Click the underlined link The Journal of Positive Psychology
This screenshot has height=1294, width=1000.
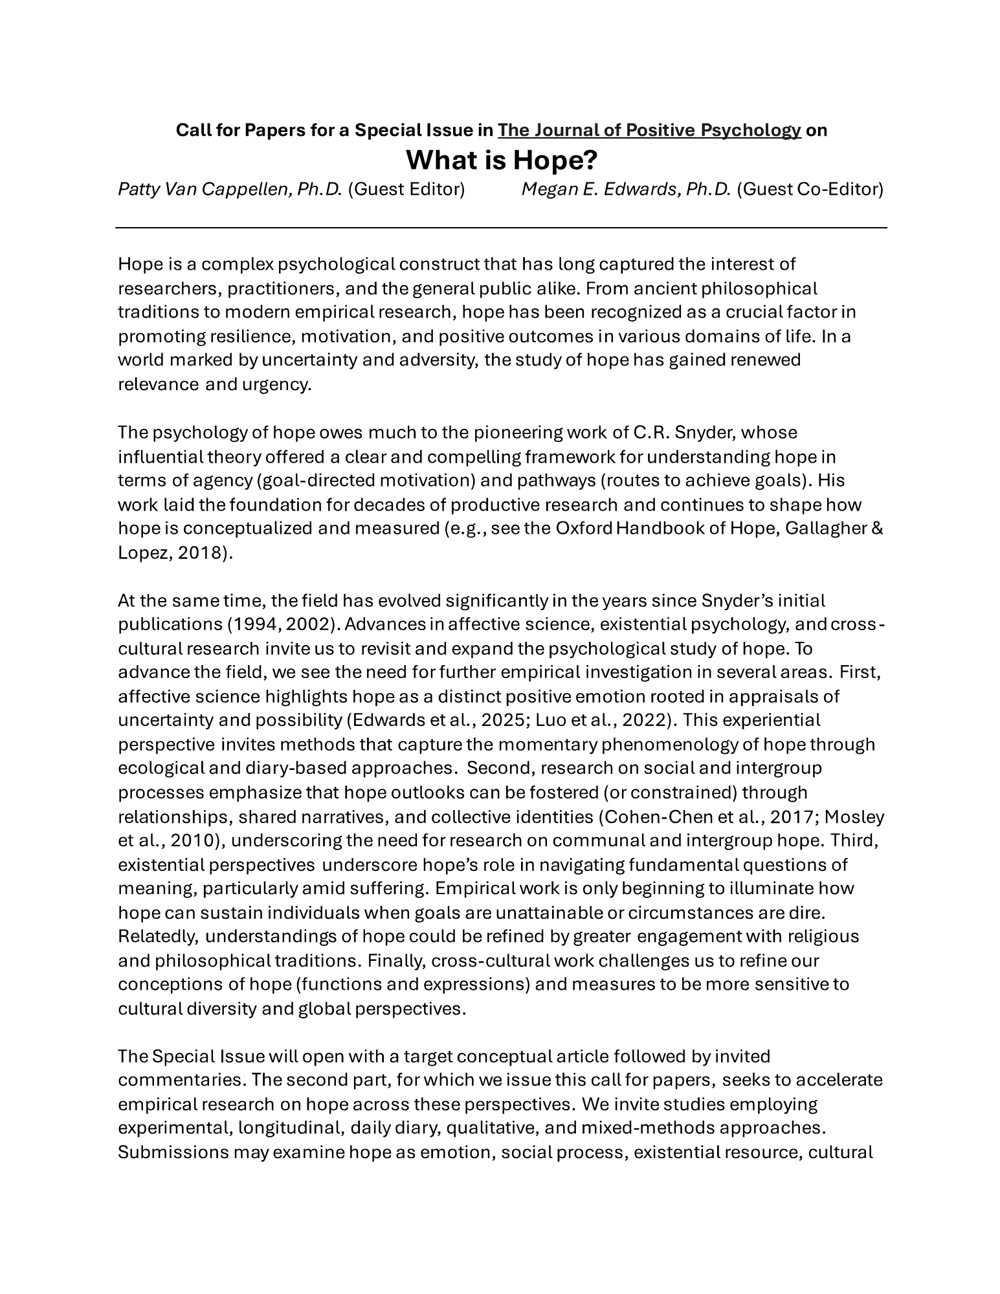[x=649, y=130]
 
